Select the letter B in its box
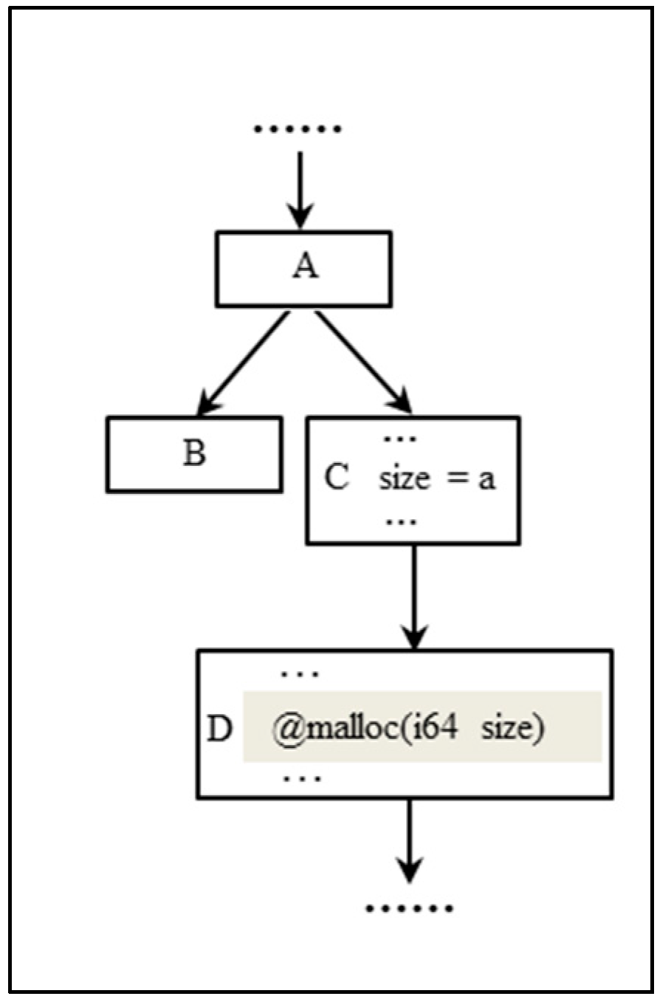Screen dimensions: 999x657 click(x=193, y=453)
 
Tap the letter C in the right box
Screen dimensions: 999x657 click(x=337, y=479)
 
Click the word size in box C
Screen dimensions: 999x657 click(x=405, y=479)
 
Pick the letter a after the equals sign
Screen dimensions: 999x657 click(x=486, y=481)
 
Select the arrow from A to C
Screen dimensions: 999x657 click(x=363, y=363)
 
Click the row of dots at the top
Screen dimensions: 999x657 click(x=297, y=129)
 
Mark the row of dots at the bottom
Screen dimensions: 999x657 click(x=409, y=907)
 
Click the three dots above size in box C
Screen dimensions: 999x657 click(x=401, y=439)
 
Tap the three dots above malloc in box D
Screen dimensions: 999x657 click(x=300, y=674)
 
